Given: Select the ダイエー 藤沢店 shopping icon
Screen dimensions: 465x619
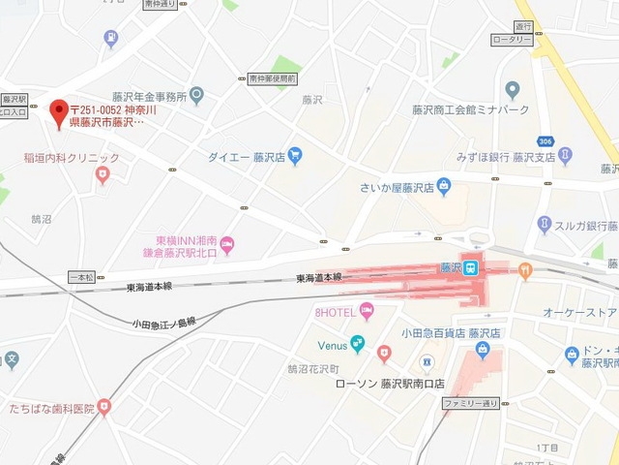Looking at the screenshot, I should tap(295, 156).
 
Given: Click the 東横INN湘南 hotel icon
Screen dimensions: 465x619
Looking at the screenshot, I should tap(226, 243).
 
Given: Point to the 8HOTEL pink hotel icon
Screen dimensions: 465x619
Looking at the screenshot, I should tap(366, 310).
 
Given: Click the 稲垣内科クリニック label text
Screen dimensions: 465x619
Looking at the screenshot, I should tap(73, 158).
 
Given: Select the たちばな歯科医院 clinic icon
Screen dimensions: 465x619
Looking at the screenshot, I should tap(104, 407).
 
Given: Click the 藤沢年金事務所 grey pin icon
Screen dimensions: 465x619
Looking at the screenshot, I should tap(197, 96).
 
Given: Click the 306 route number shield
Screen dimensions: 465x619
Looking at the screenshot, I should tap(545, 141).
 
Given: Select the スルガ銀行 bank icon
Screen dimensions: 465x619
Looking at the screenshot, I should tap(545, 225).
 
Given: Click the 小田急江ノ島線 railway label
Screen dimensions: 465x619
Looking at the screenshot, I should tap(164, 323).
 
